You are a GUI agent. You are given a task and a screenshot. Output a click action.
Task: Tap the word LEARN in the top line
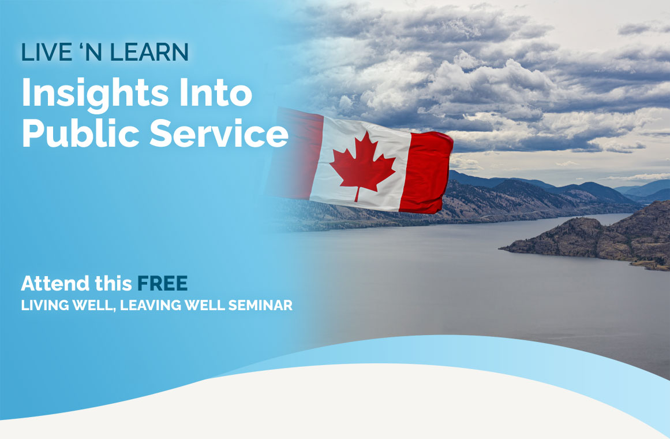[x=149, y=52]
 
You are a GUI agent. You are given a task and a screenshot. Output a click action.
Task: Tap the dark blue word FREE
[x=162, y=283]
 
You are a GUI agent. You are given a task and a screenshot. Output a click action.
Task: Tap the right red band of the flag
[x=425, y=173]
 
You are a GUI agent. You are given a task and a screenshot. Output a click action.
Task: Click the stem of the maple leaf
[x=357, y=195]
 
